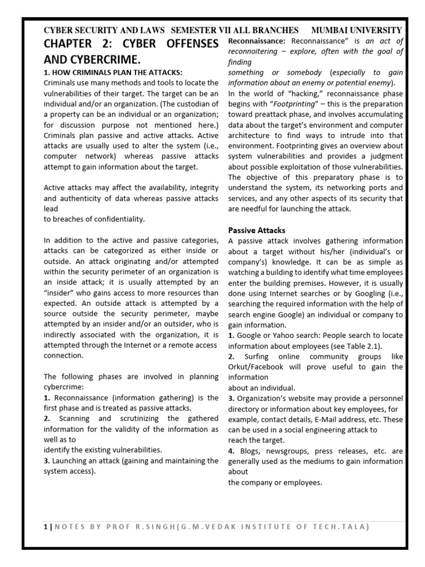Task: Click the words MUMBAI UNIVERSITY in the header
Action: click(356, 30)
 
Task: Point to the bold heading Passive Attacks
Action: click(256, 230)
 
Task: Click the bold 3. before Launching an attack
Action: click(46, 461)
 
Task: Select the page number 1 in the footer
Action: click(45, 527)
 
